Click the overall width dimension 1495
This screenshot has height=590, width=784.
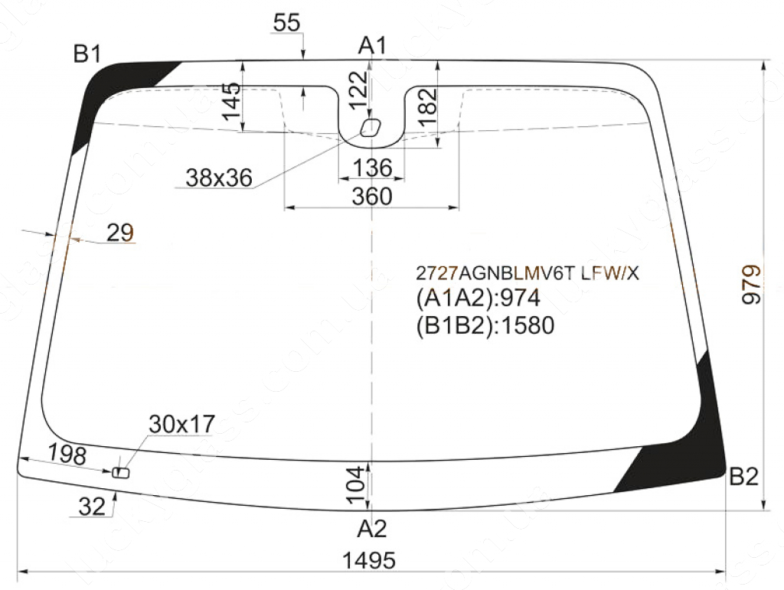point(368,560)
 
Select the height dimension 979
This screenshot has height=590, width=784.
point(751,284)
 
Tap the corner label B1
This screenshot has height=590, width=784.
point(87,54)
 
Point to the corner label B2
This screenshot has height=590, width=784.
point(744,477)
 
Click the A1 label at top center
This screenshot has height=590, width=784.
point(373,45)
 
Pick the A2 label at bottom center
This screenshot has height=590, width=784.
point(372,529)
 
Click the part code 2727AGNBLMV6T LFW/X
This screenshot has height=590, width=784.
point(528,273)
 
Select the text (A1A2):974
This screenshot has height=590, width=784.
point(479,298)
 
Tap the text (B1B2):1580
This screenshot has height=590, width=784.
point(485,326)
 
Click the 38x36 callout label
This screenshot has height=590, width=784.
point(219,178)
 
